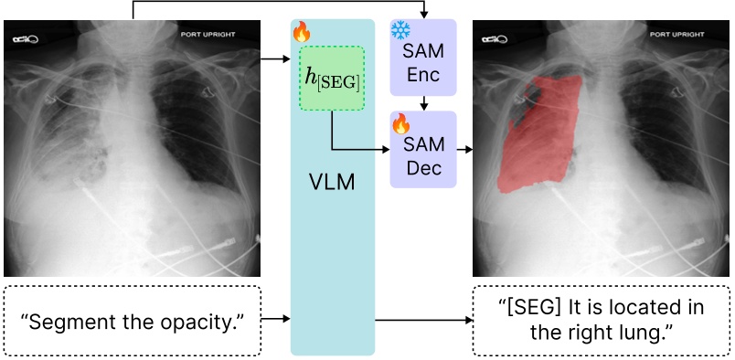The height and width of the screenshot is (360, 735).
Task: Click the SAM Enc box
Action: coord(422,58)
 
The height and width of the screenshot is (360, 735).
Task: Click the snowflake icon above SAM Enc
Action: coord(401,29)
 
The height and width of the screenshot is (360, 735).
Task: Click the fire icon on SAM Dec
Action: coord(400,122)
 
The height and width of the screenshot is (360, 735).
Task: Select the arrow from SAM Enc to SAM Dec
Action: coord(422,103)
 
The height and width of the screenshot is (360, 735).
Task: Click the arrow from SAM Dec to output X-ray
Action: coord(463,149)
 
